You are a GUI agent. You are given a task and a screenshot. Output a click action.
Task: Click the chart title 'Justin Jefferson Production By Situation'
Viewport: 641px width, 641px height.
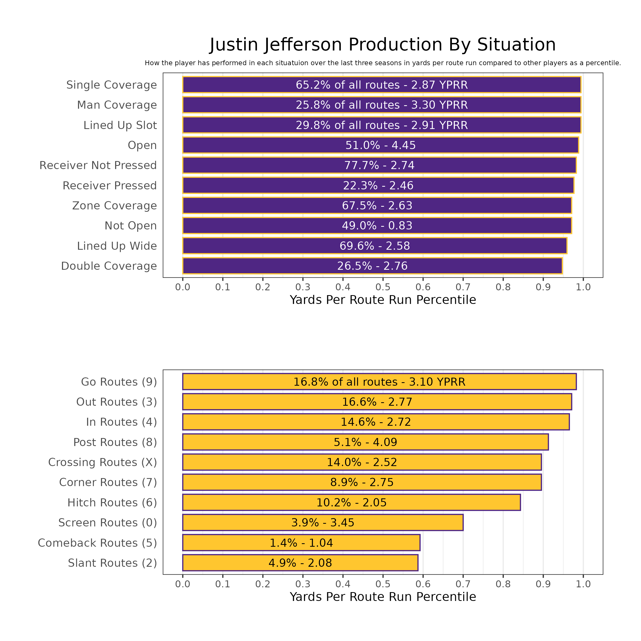[382, 45]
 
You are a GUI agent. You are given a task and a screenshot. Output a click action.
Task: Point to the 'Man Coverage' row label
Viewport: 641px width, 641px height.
[117, 105]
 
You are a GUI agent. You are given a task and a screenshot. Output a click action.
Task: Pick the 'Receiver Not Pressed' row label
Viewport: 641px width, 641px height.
[98, 166]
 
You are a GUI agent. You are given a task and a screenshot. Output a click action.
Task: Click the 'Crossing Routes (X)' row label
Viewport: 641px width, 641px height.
[102, 462]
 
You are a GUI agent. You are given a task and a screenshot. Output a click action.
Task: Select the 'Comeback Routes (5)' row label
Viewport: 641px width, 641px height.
[97, 543]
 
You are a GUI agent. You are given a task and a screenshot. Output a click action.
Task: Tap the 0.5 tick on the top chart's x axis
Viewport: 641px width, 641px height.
[383, 287]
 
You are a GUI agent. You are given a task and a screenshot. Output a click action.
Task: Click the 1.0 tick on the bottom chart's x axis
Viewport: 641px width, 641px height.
[583, 584]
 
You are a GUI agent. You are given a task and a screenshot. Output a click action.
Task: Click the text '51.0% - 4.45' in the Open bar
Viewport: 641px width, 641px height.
[380, 145]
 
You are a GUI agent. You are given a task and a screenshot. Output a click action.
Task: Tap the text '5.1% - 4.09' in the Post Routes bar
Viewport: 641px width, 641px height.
[365, 442]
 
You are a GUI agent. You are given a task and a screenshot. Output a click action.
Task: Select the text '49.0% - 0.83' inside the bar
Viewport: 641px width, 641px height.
[377, 226]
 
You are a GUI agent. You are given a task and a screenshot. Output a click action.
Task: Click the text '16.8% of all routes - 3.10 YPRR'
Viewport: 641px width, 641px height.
[379, 382]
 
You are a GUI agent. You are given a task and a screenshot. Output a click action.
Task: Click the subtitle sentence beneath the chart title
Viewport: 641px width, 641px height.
[382, 63]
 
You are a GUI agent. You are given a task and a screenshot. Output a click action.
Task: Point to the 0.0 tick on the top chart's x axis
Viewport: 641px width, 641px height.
[182, 287]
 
